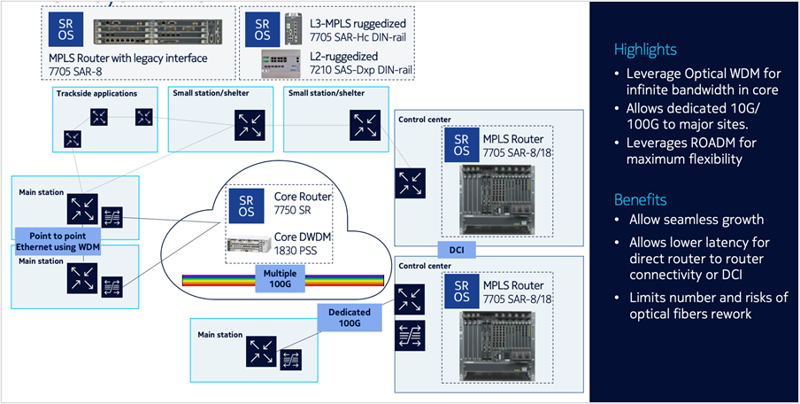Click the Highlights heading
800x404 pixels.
click(646, 50)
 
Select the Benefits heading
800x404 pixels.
click(641, 199)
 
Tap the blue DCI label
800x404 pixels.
click(456, 251)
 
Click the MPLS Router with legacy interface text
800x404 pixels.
click(128, 58)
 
